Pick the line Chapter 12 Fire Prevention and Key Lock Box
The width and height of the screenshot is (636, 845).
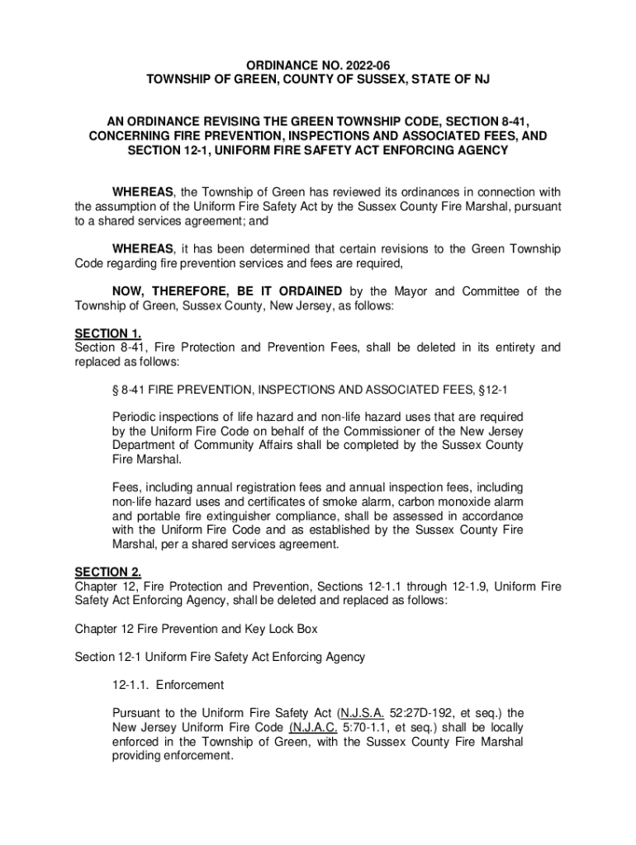[197, 629]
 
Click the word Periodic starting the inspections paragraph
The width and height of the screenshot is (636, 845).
[135, 417]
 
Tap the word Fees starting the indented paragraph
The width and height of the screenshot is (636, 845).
[126, 489]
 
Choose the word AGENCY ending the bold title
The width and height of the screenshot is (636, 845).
[482, 151]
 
